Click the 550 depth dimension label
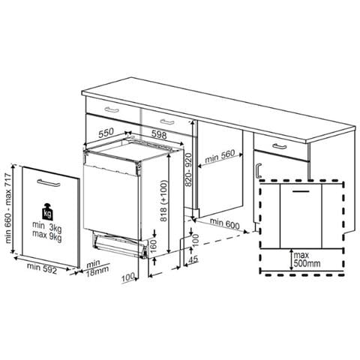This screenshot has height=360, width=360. point(106,133)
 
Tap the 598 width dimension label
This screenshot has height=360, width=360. point(159,135)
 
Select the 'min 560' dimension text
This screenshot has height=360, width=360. point(220,156)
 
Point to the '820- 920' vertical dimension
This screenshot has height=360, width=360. point(188,170)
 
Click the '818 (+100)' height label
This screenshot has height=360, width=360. point(163,201)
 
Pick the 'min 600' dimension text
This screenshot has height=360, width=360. point(224,223)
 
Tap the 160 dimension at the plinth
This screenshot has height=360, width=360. point(152,246)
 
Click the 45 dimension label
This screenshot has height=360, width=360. point(193,259)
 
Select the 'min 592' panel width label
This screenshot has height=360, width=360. point(42,268)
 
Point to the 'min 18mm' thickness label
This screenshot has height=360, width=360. point(97,268)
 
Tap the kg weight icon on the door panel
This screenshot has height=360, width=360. point(47,212)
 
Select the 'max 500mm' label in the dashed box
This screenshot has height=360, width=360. point(307,259)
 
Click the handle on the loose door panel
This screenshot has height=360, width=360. point(49,183)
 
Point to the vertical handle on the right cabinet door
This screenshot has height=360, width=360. point(259,171)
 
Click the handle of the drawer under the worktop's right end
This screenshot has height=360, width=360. point(280,146)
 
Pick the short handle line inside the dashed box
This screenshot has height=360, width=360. point(301,191)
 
